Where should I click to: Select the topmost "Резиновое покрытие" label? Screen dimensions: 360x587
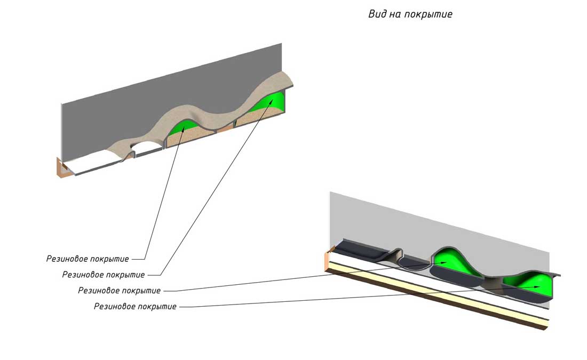[x=88, y=259]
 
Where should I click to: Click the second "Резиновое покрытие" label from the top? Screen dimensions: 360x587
[x=104, y=275]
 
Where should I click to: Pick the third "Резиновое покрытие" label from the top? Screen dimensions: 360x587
[x=120, y=291]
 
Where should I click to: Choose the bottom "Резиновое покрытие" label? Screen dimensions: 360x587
[x=136, y=307]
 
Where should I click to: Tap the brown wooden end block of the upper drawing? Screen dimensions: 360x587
[x=63, y=167]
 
